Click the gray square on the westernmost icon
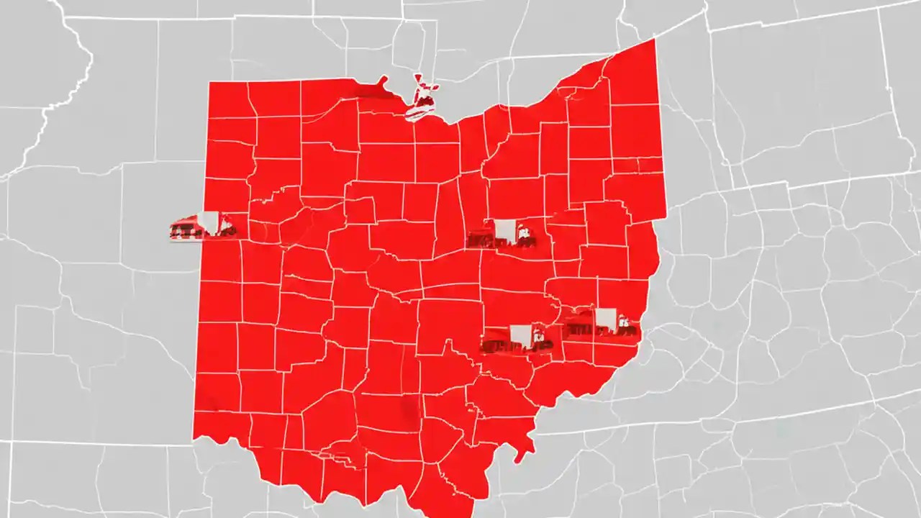[209, 222]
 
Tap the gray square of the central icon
[504, 230]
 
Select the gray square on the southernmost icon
[520, 335]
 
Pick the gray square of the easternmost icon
[606, 319]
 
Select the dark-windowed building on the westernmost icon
[186, 231]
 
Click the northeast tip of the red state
[654, 41]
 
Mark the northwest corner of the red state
[210, 83]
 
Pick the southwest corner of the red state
[194, 436]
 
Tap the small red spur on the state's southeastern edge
[529, 450]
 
